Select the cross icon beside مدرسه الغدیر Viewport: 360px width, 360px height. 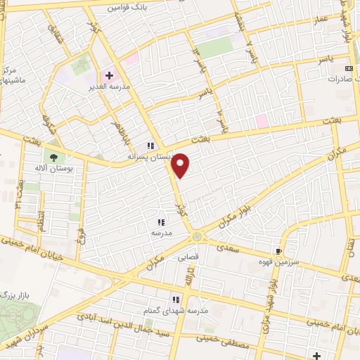pyautogui.click(x=109, y=75)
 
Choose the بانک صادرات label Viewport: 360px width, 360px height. pyautogui.click(x=342, y=79)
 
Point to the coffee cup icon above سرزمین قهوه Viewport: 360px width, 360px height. pyautogui.click(x=280, y=251)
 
